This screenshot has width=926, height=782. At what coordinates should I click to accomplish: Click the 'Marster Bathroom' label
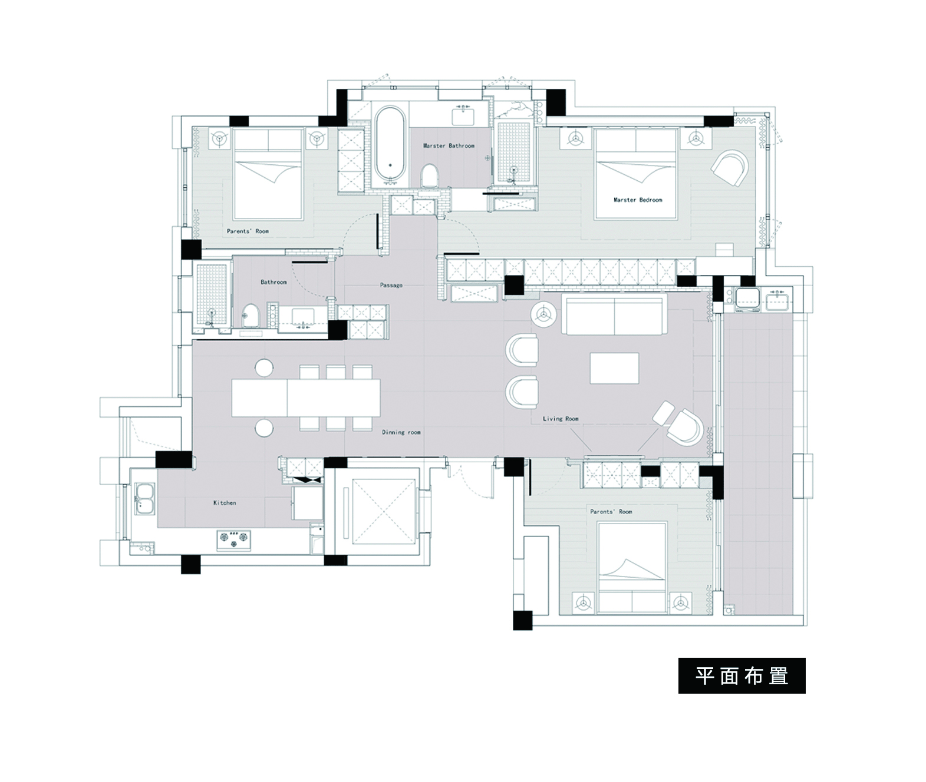(x=449, y=146)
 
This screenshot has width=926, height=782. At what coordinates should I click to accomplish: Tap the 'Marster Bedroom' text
(x=638, y=200)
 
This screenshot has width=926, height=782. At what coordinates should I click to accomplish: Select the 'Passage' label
(x=391, y=285)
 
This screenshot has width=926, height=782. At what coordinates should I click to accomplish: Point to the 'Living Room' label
(x=561, y=419)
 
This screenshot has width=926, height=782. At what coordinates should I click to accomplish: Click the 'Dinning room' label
(x=401, y=432)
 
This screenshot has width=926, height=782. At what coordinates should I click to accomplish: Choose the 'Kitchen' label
(x=225, y=503)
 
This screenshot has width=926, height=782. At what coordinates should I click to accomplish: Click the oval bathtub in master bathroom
(x=390, y=145)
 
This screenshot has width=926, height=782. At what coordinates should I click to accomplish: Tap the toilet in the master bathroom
(x=429, y=175)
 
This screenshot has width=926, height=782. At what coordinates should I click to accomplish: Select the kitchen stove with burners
(x=234, y=541)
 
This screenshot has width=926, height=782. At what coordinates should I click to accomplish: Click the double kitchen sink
(x=144, y=499)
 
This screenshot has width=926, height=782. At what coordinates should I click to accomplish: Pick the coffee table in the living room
(x=614, y=368)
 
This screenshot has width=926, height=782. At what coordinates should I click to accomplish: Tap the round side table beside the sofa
(x=544, y=314)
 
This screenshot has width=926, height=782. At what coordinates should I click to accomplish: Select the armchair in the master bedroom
(x=730, y=167)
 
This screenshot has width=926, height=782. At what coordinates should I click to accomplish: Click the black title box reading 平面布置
(x=742, y=675)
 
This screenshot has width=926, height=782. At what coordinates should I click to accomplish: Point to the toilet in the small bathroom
(x=250, y=316)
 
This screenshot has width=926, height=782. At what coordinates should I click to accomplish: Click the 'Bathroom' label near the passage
(x=273, y=282)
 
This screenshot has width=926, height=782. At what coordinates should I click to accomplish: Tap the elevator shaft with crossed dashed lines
(x=384, y=512)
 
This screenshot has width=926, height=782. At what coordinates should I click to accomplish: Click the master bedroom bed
(x=635, y=174)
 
